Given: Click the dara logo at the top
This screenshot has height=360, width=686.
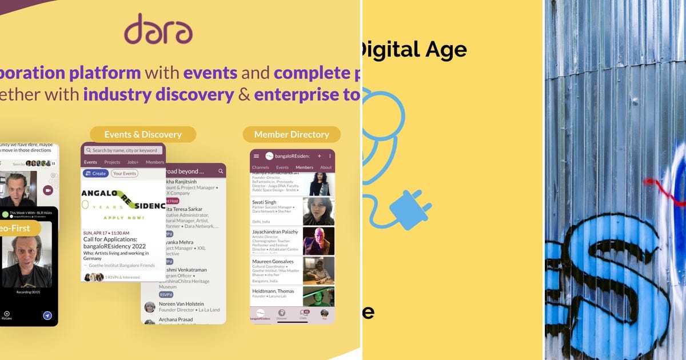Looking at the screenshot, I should (158, 30).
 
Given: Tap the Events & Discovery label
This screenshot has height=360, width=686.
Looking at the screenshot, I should (143, 135).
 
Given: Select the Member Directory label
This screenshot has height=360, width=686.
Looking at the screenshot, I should (292, 135).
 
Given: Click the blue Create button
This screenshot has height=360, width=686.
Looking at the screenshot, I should (95, 173).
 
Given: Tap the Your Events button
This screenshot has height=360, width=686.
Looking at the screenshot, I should (124, 173).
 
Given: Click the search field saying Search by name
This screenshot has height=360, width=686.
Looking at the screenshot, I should (123, 150).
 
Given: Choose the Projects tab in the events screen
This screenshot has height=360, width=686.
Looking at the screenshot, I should (112, 162).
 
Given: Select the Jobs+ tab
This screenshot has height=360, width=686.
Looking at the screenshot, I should (133, 162).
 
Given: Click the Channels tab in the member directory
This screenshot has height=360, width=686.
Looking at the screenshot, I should (260, 167).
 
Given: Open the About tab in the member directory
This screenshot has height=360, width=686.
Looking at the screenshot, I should (326, 167).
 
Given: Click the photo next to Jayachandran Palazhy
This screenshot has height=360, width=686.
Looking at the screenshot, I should (318, 241).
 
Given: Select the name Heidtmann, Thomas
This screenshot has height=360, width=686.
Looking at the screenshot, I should (273, 291).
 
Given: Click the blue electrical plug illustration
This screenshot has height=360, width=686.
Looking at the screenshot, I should (410, 209).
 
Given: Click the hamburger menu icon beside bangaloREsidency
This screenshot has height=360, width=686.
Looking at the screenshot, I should (256, 156).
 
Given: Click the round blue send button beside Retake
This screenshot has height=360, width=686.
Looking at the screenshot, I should (47, 315).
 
